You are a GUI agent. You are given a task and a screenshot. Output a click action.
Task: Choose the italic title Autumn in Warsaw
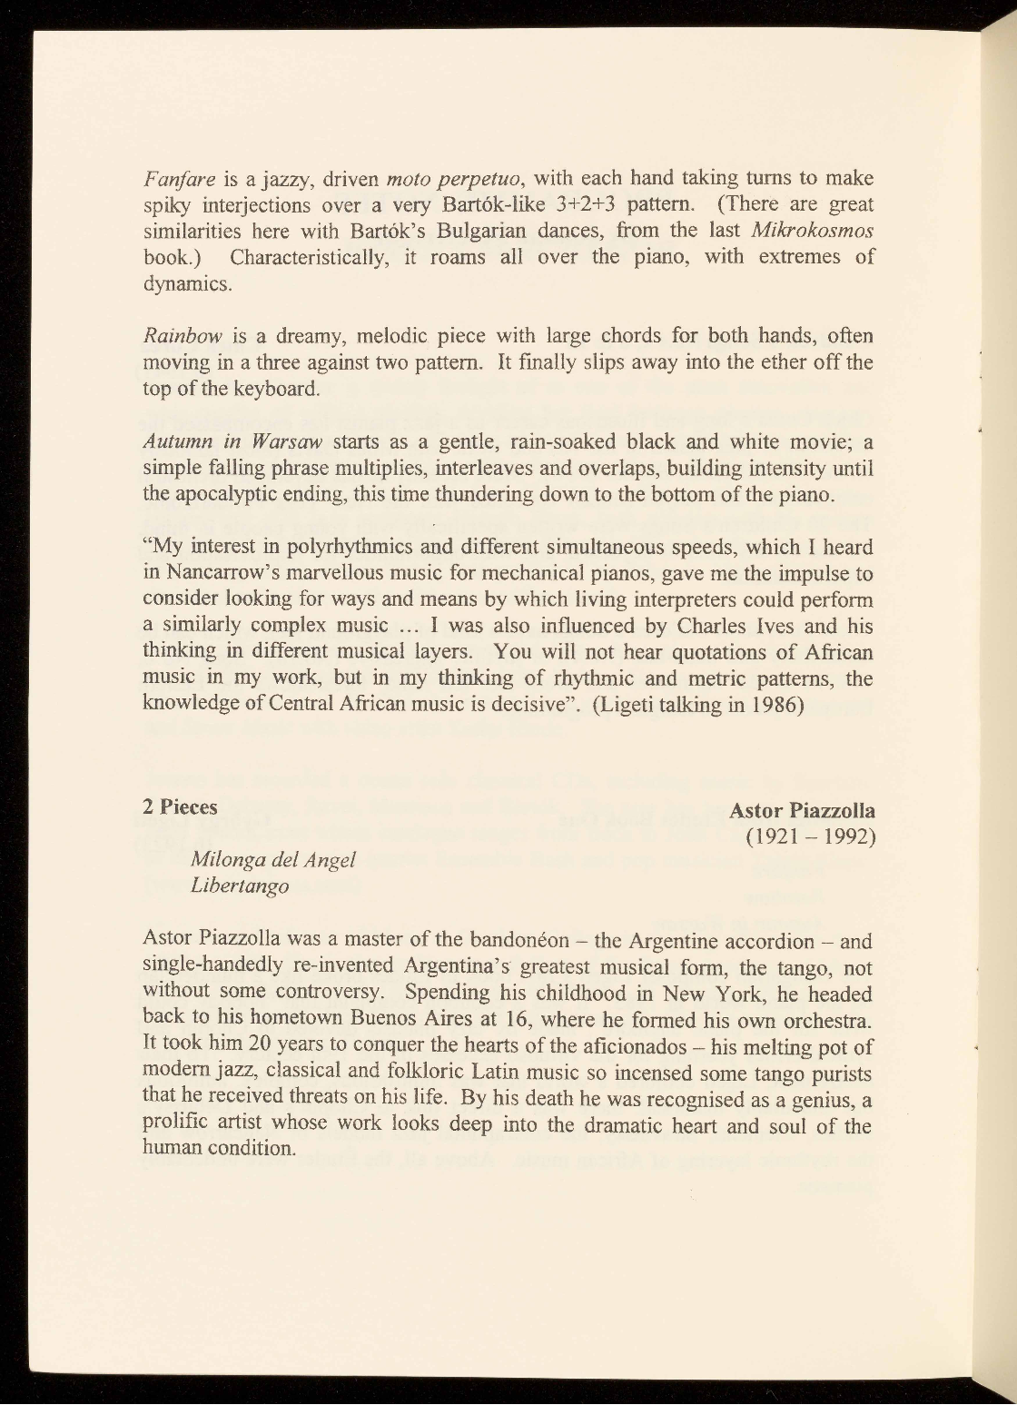coord(233,443)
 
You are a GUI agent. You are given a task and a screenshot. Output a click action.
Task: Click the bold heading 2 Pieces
coord(181,807)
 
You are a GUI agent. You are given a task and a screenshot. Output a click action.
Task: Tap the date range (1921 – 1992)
coord(809,836)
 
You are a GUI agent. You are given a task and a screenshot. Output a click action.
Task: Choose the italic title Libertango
coord(240,886)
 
